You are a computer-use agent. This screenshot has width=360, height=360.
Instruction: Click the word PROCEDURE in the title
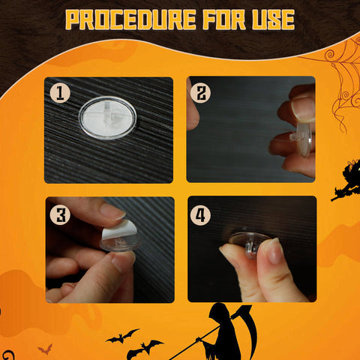(130, 20)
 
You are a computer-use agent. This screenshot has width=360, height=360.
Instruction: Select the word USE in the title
(274, 20)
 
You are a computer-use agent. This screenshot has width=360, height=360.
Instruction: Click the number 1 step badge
(60, 93)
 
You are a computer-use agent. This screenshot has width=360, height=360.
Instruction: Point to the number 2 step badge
(200, 93)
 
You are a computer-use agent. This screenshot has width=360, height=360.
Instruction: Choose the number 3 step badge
(60, 214)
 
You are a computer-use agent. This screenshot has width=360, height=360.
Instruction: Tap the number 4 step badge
(200, 214)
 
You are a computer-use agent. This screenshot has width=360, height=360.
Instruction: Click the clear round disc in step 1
(107, 118)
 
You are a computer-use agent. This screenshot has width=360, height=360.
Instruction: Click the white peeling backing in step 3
(119, 230)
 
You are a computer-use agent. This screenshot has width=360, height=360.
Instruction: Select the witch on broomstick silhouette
(346, 181)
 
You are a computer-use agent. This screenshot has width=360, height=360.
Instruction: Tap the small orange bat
(45, 349)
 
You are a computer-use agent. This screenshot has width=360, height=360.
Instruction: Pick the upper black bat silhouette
(122, 336)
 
